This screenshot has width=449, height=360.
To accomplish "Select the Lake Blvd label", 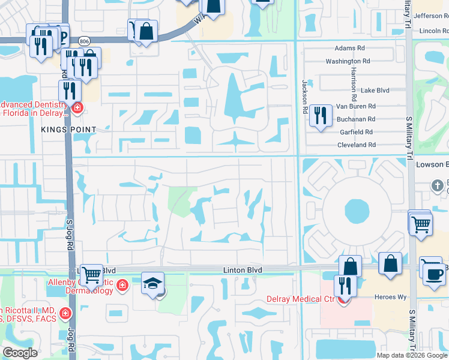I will tap(375, 91).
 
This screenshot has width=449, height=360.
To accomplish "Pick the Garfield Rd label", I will tap(356, 132).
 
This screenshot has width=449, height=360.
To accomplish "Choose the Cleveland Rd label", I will tap(356, 145).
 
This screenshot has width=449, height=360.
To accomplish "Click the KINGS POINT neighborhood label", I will tap(68, 130).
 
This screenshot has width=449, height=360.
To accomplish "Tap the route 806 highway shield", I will tap(83, 41).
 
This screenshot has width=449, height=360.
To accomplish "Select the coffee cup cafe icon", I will tap(434, 274).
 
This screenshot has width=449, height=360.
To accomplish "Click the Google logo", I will tap(19, 353).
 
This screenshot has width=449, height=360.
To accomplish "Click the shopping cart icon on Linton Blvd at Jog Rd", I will tap(91, 275).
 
